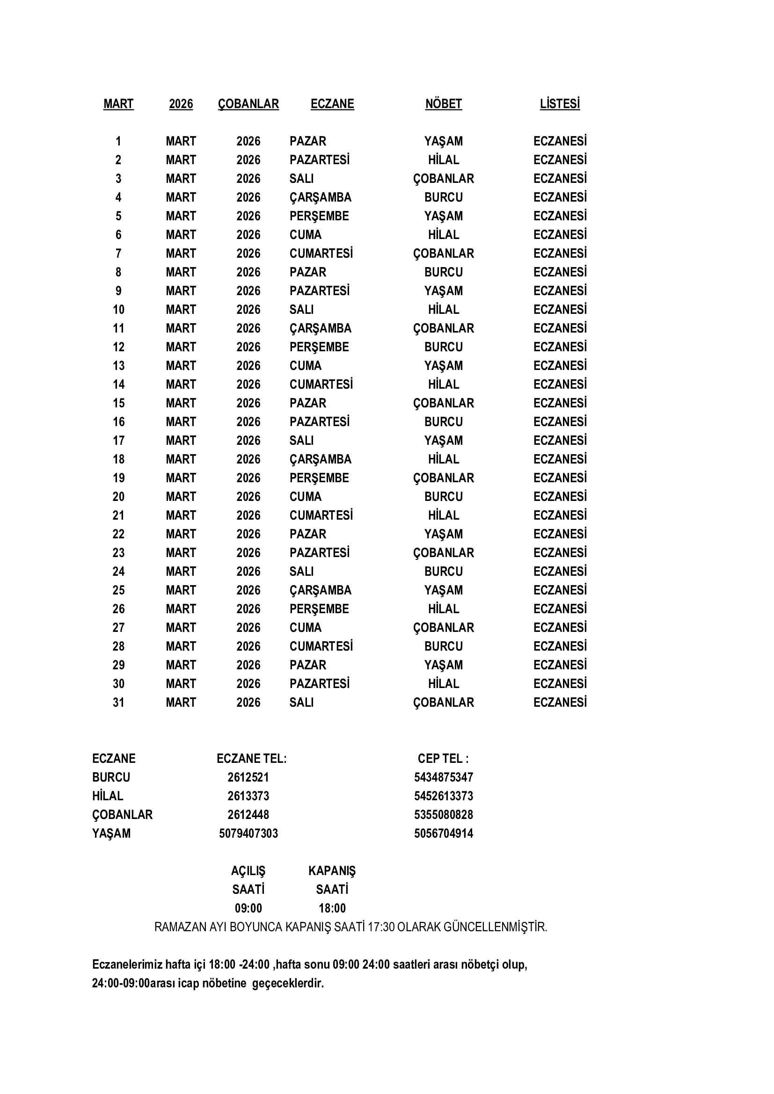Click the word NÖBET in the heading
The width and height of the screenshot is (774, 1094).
[443, 104]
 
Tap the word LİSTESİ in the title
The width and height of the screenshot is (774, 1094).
[560, 104]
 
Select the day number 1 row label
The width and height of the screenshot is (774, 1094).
[118, 141]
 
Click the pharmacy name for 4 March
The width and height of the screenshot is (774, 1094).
[443, 197]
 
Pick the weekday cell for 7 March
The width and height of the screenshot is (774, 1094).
[321, 254]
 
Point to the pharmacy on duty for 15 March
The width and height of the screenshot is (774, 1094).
[443, 403]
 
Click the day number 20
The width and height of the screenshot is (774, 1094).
[118, 497]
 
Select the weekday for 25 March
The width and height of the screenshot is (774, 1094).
[320, 590]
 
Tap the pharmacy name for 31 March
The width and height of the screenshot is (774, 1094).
[443, 703]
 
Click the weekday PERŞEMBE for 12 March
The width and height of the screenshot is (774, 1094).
[319, 347]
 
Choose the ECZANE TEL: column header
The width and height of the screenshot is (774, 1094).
[252, 759]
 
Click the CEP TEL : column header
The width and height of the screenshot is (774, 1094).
[443, 759]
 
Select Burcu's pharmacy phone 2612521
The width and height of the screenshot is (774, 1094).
[248, 777]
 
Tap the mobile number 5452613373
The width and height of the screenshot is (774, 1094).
[443, 796]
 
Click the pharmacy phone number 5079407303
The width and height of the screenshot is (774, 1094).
[248, 833]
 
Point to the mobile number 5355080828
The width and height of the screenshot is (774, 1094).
[443, 815]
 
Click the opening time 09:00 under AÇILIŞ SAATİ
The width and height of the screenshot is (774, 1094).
[248, 908]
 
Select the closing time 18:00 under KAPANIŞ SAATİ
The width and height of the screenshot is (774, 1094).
[332, 908]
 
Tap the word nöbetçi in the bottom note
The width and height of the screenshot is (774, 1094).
[478, 964]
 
